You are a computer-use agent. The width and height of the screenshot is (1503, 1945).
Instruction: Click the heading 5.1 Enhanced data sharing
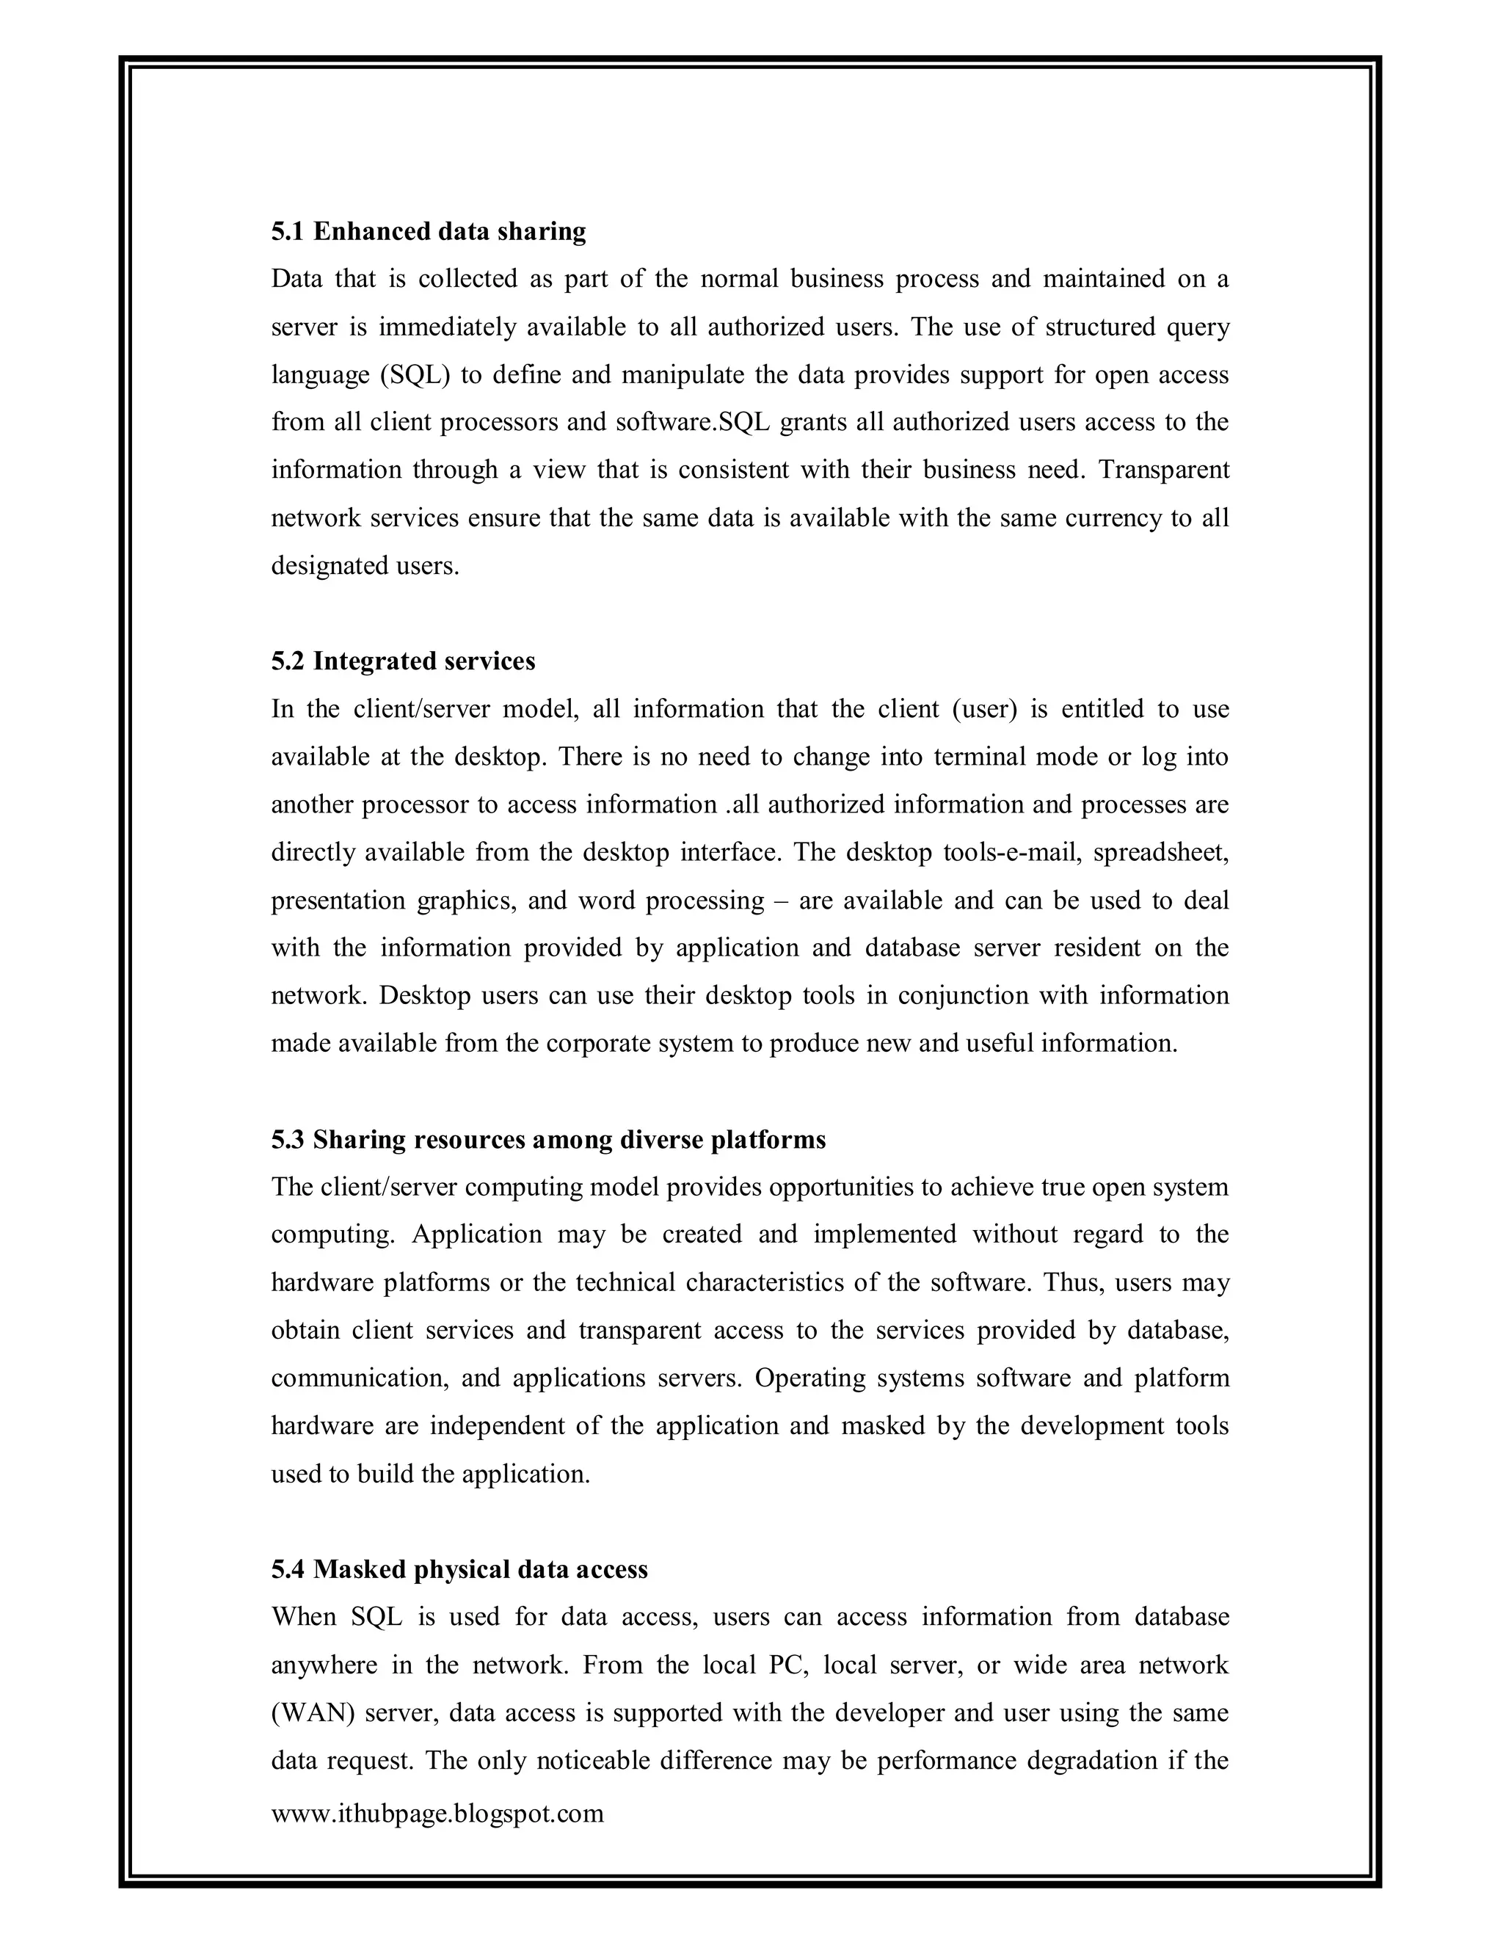[429, 231]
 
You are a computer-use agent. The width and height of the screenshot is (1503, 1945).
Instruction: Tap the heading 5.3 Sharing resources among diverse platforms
[548, 1139]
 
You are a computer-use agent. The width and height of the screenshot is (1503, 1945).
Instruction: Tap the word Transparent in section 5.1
[1164, 469]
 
